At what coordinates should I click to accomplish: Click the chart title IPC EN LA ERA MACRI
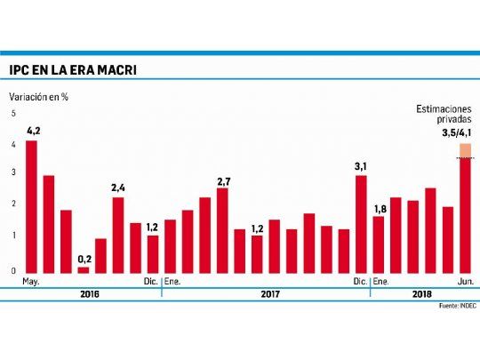point(73,69)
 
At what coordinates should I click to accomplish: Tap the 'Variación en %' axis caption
point(40,95)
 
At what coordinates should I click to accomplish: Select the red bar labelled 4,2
point(32,206)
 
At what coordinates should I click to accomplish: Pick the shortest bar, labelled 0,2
point(84,269)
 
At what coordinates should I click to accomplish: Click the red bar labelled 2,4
point(117,235)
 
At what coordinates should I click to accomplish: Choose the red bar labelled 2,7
point(222,230)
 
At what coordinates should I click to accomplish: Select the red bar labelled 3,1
point(361,224)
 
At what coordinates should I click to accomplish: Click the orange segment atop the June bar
point(465,149)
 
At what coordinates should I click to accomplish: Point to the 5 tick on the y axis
point(13,114)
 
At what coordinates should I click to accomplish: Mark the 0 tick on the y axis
point(13,271)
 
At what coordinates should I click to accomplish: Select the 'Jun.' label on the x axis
point(463,282)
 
